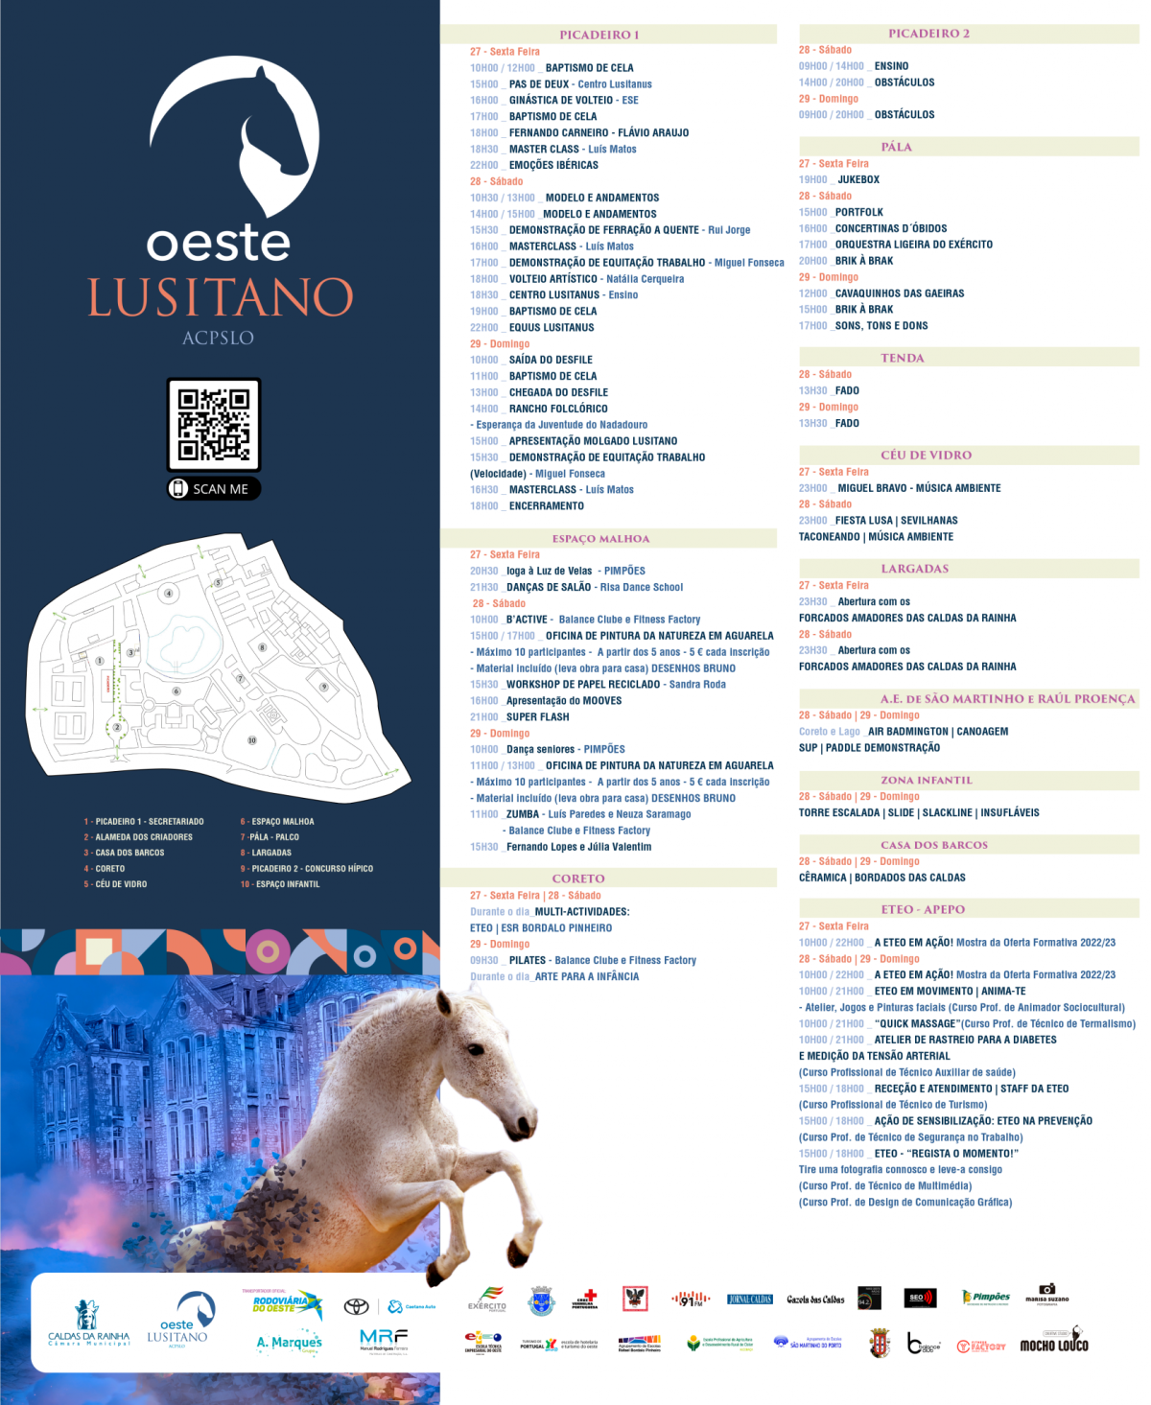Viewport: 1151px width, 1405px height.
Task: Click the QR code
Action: (x=214, y=424)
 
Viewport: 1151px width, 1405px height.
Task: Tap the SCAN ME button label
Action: (x=220, y=489)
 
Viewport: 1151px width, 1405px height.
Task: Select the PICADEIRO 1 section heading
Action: (x=599, y=35)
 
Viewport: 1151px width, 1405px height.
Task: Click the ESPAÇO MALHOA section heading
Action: (x=600, y=539)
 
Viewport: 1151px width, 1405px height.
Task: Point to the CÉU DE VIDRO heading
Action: (x=926, y=455)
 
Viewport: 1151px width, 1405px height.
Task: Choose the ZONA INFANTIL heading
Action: (x=926, y=780)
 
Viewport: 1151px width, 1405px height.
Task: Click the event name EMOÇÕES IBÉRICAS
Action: (x=553, y=165)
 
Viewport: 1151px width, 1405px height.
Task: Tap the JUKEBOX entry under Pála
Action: (x=858, y=179)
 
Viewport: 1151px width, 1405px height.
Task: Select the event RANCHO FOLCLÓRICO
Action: (x=558, y=409)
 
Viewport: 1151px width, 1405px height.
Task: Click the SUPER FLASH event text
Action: (x=537, y=716)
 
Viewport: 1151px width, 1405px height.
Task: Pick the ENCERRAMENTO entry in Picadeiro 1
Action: (x=546, y=505)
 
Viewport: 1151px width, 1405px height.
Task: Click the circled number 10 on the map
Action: (x=252, y=740)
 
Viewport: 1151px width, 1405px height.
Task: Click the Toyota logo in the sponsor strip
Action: (x=357, y=1306)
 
